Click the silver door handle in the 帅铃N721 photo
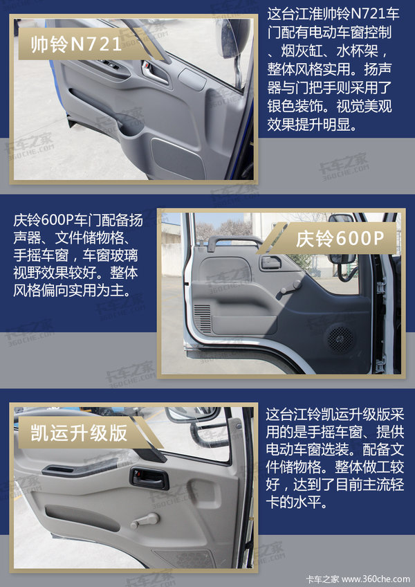[x=154, y=72]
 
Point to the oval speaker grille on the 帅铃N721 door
[x=178, y=157]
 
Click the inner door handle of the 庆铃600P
[x=271, y=262]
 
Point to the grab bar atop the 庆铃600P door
[x=234, y=242]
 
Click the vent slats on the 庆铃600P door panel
[x=203, y=318]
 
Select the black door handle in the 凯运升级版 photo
[x=149, y=478]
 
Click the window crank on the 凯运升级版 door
[x=145, y=521]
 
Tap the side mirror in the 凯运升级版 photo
[x=192, y=413]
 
